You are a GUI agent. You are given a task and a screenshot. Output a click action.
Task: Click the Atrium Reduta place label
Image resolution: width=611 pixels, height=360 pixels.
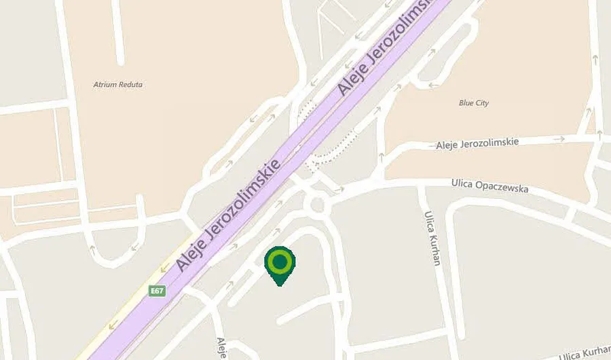coord(117,85)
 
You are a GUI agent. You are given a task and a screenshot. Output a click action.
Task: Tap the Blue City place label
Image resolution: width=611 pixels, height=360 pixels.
coord(473,103)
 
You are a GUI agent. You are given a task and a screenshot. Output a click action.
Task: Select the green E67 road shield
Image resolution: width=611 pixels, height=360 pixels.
coord(158,291)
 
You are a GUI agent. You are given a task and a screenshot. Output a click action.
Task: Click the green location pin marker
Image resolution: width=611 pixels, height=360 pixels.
coord(279,264)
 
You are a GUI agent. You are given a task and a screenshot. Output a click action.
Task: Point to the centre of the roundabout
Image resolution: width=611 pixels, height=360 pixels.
coord(317,204)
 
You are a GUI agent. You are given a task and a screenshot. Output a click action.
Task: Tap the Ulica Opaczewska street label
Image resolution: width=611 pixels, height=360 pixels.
coord(489,186)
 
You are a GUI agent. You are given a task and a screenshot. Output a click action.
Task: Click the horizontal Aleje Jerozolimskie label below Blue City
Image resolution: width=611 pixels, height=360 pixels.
coord(477,143)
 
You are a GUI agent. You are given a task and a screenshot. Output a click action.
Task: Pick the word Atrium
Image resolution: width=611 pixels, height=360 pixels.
coord(105,85)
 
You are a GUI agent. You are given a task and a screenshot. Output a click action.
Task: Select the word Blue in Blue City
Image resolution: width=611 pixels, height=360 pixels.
coord(466,103)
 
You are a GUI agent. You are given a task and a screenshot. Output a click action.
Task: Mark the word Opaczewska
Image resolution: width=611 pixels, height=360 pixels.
coord(502,187)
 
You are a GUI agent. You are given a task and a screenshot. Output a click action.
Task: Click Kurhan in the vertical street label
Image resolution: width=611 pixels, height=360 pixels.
coord(434,249)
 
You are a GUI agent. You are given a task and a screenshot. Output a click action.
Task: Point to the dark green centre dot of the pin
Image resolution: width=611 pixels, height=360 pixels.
coord(279,261)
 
